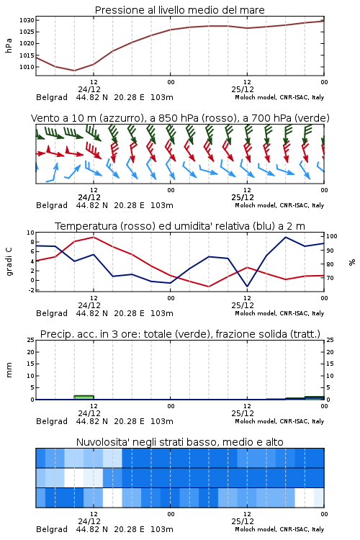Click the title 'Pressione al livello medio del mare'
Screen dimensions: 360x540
179,10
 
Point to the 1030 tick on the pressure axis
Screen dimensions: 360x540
27,20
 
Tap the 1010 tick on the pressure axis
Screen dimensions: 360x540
27,67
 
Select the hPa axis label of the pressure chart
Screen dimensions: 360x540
9,45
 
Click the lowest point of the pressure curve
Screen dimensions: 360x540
74,71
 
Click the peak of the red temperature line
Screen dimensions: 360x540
94,237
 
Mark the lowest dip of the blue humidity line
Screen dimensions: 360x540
247,287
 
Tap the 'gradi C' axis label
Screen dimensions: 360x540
9,262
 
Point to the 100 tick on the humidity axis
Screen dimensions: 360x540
332,236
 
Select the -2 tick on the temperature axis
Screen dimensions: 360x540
31,290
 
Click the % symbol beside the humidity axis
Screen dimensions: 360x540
352,262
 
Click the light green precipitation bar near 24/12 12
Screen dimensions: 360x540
84,397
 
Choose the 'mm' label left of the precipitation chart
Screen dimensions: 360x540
9,370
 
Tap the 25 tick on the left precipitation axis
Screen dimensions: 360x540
31,340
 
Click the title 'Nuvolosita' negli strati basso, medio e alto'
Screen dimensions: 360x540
179,442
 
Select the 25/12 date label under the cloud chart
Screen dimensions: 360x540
243,521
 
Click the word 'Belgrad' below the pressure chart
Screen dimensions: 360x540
52,97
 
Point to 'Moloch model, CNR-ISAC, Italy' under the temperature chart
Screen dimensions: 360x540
279,313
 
